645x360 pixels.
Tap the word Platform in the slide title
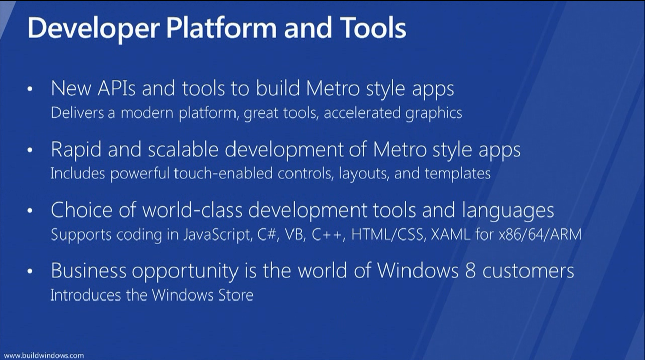tap(221, 28)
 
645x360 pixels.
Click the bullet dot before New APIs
tap(30, 89)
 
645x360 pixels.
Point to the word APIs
tap(116, 88)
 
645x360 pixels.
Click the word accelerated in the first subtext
tap(362, 112)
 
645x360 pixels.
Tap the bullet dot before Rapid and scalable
tap(30, 150)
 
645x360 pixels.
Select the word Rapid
tap(76, 149)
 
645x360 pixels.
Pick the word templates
tap(457, 174)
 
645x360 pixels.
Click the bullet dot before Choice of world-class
tap(30, 211)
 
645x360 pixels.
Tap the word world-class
tap(192, 210)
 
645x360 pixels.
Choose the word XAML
tap(450, 234)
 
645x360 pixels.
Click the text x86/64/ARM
tap(540, 234)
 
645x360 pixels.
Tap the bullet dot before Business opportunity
tap(30, 272)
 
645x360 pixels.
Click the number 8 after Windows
tap(470, 271)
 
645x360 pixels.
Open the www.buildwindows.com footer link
tap(44, 355)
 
